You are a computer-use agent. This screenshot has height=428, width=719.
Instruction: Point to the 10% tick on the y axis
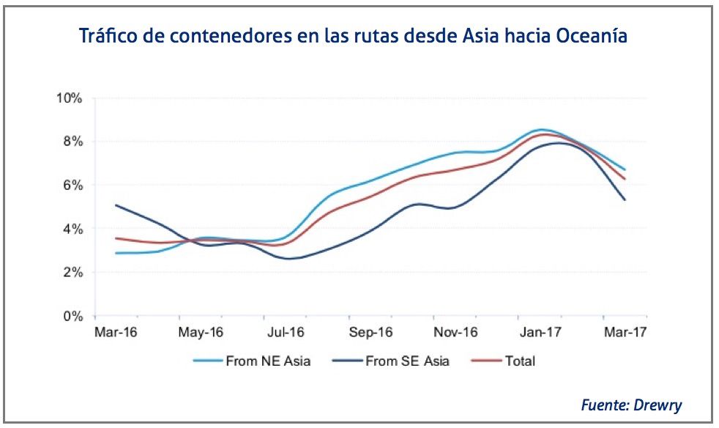[x=70, y=98]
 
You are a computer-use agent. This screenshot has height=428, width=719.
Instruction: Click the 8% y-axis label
[x=73, y=141]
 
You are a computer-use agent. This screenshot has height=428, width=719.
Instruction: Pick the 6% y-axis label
[x=73, y=185]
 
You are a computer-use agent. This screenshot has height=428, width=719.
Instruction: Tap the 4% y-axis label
[x=73, y=229]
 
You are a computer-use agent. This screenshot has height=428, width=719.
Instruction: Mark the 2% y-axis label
[x=73, y=273]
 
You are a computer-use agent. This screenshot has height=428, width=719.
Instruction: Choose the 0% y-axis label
[x=73, y=317]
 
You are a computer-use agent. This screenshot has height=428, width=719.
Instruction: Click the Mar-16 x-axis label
[x=116, y=333]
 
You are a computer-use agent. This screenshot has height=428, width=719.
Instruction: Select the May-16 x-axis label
[x=200, y=333]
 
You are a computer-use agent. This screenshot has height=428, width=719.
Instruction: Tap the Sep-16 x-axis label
[x=370, y=333]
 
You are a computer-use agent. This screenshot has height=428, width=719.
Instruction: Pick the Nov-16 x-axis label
[x=455, y=333]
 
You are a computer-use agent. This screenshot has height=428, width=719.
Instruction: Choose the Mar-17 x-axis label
[x=625, y=333]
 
